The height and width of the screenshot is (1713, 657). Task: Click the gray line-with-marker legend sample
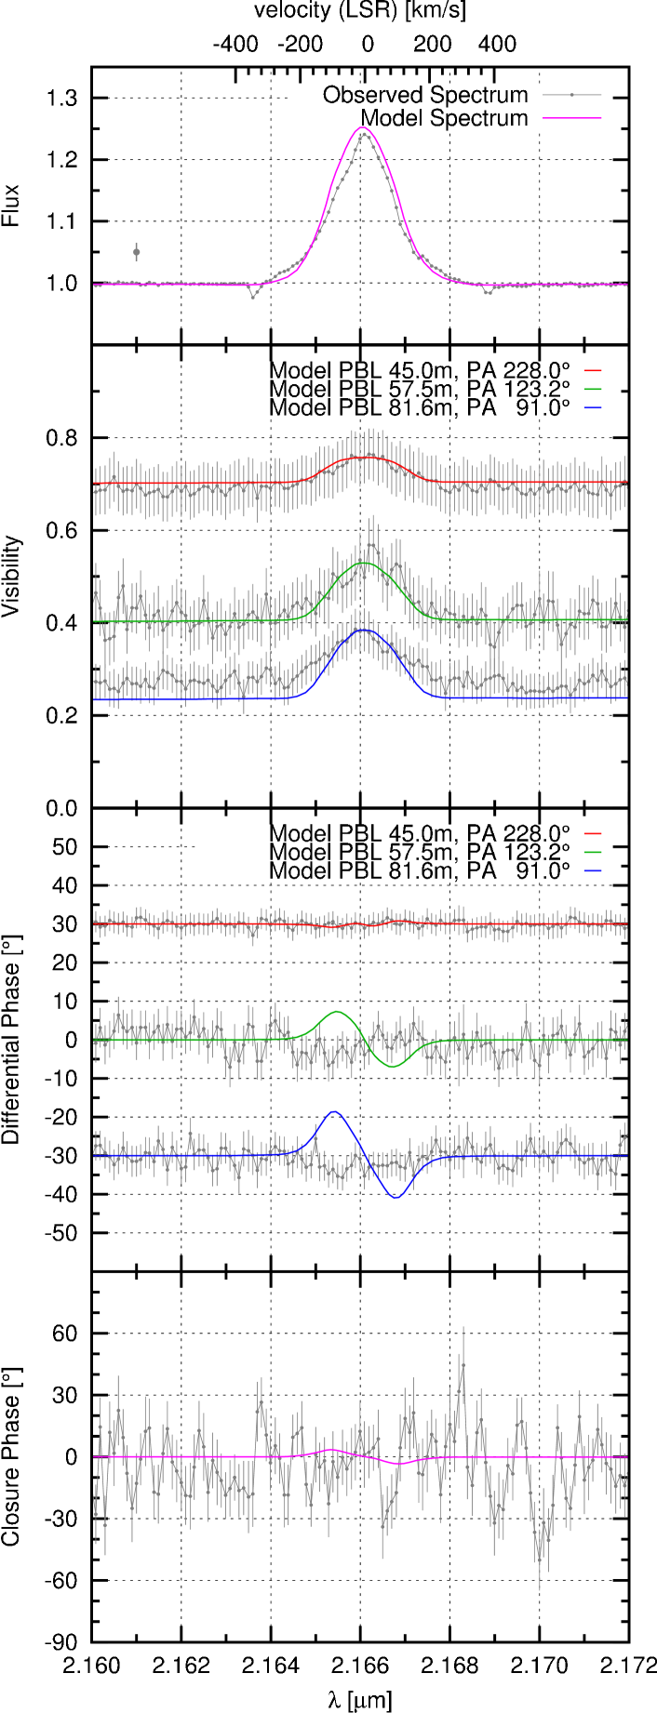tap(572, 95)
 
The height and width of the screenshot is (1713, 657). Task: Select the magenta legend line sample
tap(572, 118)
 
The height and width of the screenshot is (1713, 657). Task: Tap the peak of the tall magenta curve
tap(363, 127)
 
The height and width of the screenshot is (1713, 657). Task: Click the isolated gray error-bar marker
tap(137, 252)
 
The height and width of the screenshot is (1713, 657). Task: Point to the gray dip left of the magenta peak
tap(253, 297)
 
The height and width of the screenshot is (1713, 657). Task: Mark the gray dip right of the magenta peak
tap(488, 293)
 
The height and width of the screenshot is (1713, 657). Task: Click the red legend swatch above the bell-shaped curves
tap(593, 371)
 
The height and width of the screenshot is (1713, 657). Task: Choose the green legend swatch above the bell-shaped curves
tap(593, 389)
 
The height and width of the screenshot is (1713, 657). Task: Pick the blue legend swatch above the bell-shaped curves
tap(593, 407)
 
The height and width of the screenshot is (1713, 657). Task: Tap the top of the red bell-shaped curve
tap(365, 458)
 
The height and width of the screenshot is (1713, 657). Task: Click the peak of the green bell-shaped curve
tap(365, 564)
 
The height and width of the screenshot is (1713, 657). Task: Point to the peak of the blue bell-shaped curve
tap(365, 630)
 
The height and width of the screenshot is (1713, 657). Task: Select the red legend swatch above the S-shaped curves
tap(593, 834)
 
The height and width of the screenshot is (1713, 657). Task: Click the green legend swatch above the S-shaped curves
tap(593, 852)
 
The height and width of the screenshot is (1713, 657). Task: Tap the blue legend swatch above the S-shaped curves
tap(593, 870)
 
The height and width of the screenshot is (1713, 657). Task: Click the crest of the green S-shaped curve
tap(337, 1011)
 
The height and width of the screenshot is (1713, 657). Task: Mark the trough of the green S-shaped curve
tap(393, 1067)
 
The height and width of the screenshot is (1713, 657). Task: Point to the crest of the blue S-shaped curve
tap(335, 1110)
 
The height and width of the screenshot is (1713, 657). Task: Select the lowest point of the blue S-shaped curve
tap(396, 1198)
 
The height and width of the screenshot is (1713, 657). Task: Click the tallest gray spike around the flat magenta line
tap(463, 1330)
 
